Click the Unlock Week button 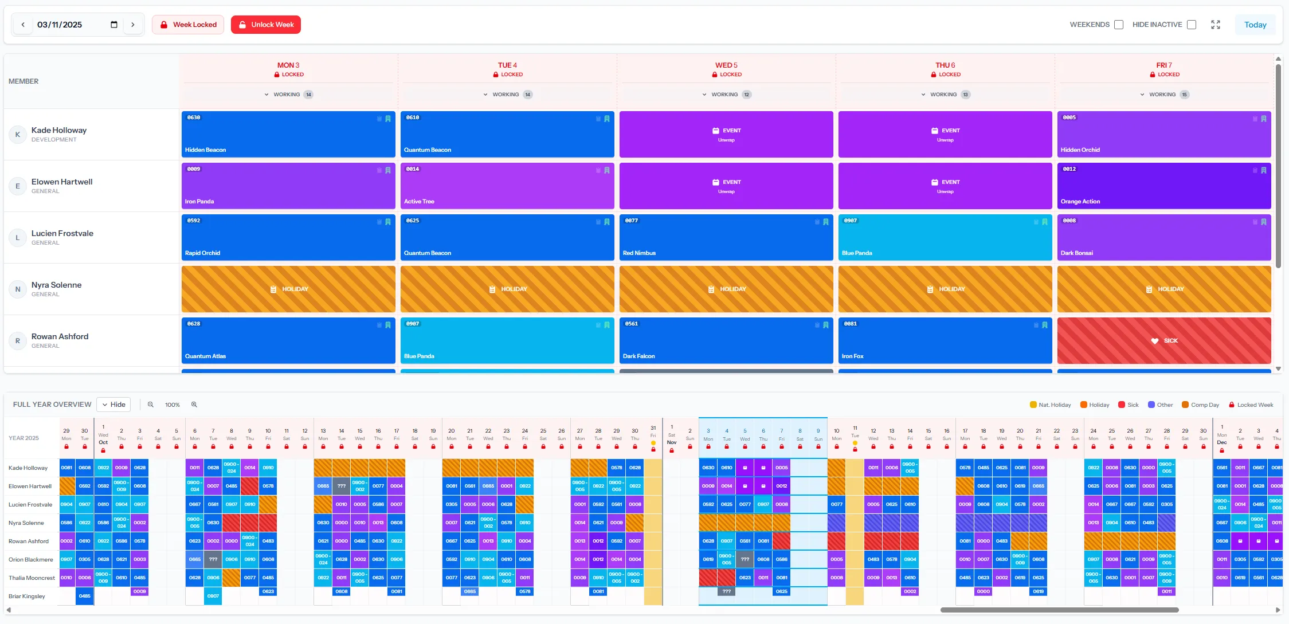(x=266, y=25)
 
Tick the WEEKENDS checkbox (x=1118, y=25)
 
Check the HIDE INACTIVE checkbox (x=1192, y=25)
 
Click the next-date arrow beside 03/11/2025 (x=133, y=25)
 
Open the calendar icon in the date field (x=114, y=25)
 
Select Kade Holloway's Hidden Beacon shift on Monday (x=288, y=134)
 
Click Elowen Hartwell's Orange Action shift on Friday (x=1163, y=186)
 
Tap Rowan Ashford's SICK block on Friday (x=1163, y=340)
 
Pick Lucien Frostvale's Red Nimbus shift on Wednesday (x=726, y=237)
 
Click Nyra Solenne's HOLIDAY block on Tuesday (x=507, y=289)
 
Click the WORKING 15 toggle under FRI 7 (x=1163, y=95)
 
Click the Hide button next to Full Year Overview (x=113, y=405)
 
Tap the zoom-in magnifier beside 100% (x=194, y=405)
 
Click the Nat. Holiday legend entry (x=1050, y=405)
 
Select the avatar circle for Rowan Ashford (x=18, y=340)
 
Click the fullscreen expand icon (x=1215, y=25)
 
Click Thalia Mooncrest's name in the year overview (x=32, y=578)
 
